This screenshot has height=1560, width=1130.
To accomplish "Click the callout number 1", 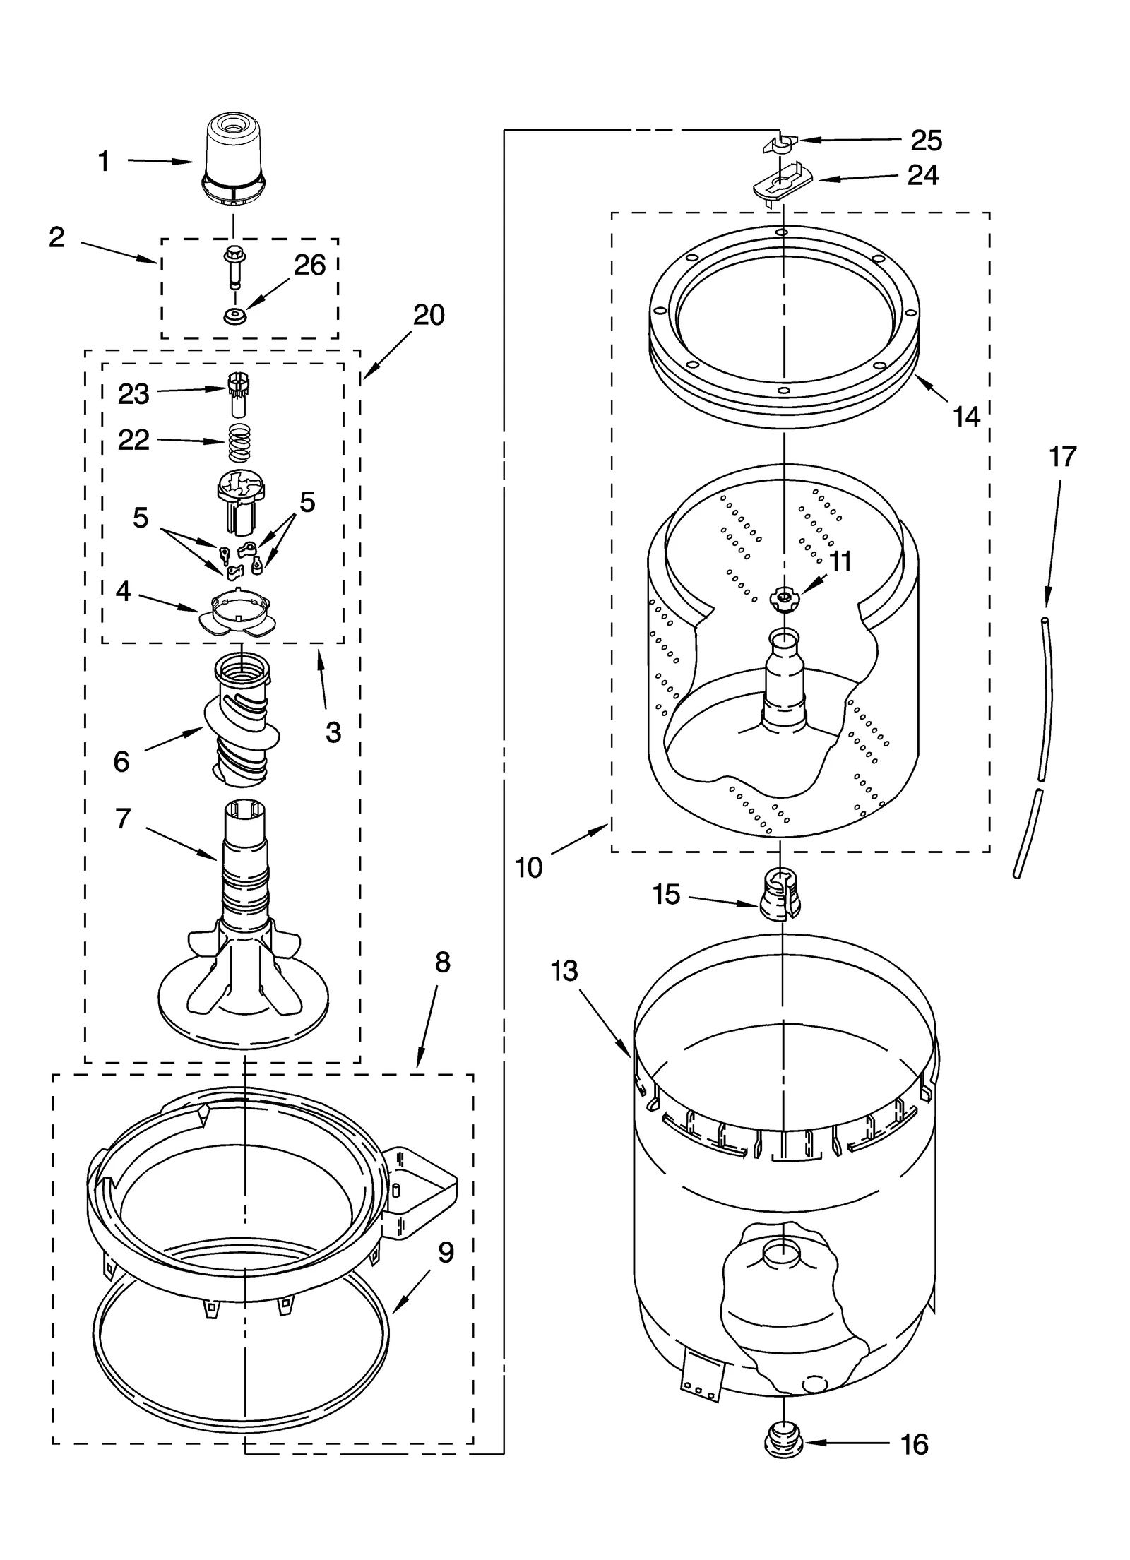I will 104,162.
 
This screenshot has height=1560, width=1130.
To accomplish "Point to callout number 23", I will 133,394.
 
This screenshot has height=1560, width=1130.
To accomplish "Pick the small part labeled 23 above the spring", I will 238,395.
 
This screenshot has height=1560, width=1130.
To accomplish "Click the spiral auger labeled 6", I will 241,720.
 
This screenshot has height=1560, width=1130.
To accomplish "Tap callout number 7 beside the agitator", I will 123,818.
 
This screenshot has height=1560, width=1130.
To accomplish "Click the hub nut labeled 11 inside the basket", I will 783,599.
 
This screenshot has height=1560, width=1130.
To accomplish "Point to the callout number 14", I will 965,417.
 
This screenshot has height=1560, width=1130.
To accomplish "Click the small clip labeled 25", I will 779,145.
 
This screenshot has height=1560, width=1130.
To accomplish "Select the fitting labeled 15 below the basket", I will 780,895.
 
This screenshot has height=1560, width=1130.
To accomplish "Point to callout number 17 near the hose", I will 1061,458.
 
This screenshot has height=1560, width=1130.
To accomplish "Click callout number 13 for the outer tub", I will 564,971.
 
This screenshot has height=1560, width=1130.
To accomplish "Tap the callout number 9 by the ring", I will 445,1253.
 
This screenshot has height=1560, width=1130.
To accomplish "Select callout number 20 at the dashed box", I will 428,315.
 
